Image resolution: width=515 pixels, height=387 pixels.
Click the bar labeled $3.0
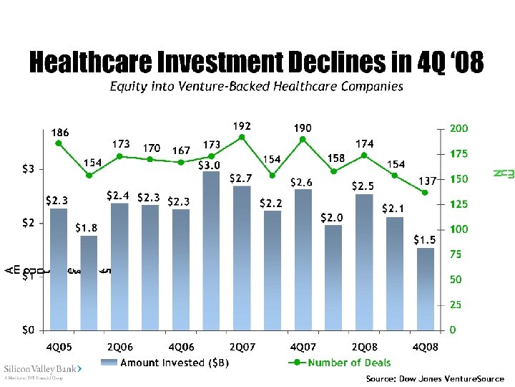211,251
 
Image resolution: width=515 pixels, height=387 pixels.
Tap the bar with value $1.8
89,282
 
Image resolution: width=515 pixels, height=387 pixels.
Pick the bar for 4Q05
59,269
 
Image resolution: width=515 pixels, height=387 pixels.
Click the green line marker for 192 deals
242,137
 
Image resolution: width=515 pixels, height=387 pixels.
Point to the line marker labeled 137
425,192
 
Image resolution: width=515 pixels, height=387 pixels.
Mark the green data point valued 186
59,143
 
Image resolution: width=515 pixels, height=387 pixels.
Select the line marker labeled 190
303,139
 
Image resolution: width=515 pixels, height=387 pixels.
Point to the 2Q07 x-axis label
242,347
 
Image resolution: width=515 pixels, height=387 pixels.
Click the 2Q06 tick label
119,347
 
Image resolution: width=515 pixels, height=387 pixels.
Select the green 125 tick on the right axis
457,204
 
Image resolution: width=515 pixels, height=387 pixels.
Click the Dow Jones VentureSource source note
434,378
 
